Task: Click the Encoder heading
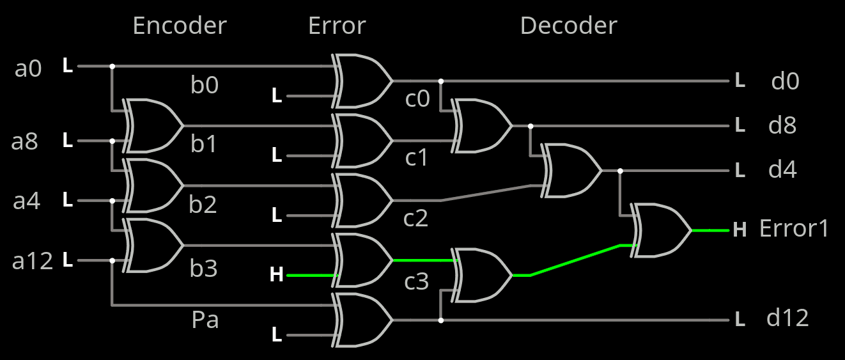179,26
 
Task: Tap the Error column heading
337,26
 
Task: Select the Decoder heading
568,26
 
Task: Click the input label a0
28,68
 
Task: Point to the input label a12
33,261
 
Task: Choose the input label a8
25,141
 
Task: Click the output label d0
785,81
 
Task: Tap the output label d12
787,318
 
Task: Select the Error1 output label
794,228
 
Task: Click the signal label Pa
205,319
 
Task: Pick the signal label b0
205,84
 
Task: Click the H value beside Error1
740,229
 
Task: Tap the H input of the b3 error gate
276,275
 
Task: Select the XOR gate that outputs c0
362,81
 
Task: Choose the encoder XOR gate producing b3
153,245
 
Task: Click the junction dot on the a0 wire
112,66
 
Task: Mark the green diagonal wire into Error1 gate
575,260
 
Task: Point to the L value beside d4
740,171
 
